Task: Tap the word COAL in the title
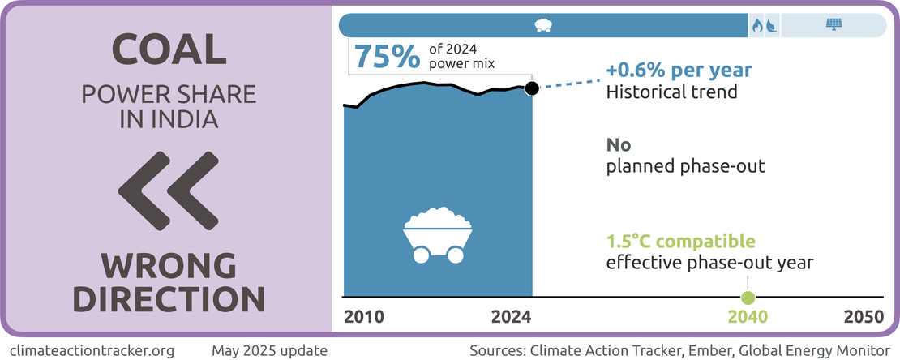click(169, 50)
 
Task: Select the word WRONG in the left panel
click(169, 266)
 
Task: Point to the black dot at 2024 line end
click(531, 88)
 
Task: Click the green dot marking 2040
click(748, 298)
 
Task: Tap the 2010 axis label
click(364, 316)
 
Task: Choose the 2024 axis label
click(512, 316)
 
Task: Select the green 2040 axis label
click(748, 316)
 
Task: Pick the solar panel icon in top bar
click(833, 25)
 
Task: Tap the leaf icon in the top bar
click(770, 25)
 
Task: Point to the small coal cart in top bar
click(543, 25)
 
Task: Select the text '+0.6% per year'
click(679, 70)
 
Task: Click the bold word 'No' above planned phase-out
click(619, 146)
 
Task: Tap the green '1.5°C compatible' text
click(681, 242)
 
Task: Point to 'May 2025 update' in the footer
click(269, 350)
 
